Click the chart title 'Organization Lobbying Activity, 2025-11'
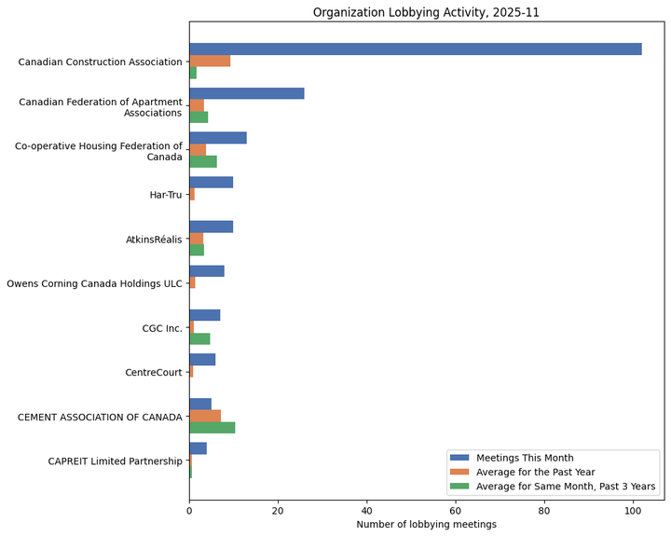pos(426,12)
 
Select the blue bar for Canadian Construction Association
pos(415,48)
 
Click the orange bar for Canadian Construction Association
pos(210,61)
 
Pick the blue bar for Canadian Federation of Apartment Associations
pos(246,93)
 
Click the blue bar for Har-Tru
pos(211,182)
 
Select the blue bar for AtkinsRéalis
pos(211,227)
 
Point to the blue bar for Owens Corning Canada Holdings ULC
pos(206,271)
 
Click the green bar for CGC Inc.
pos(199,338)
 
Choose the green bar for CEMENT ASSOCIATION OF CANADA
pos(212,428)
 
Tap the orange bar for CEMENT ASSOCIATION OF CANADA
pos(205,416)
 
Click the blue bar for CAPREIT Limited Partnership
pos(198,448)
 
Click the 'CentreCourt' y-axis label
pos(154,373)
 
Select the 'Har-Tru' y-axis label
pos(166,195)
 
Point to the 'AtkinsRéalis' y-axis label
pos(154,240)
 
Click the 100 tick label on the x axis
pos(633,511)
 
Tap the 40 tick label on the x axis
pos(366,511)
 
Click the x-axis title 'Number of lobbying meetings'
pos(426,525)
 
